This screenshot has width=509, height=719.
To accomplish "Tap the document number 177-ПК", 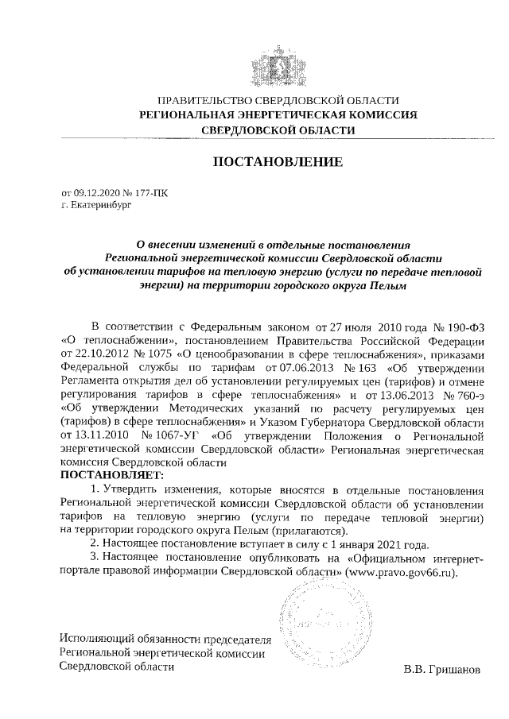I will [152, 192].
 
